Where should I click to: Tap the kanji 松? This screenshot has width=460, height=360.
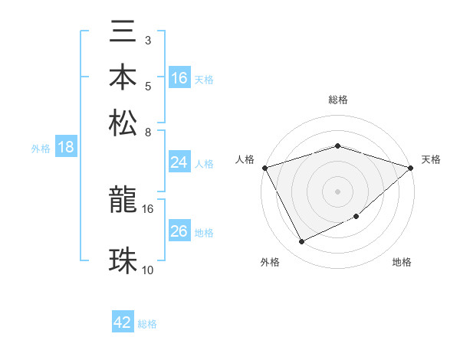click(124, 123)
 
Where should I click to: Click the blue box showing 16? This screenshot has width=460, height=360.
click(179, 78)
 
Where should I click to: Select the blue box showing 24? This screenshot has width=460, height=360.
click(179, 162)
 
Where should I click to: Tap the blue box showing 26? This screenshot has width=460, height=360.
click(179, 231)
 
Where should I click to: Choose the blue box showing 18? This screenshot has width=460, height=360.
click(66, 148)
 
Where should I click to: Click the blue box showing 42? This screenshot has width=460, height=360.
click(123, 322)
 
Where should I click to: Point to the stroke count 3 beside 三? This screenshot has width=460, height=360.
click(147, 39)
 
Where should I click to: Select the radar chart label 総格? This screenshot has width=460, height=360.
click(337, 100)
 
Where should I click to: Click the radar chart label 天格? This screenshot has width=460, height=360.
click(431, 159)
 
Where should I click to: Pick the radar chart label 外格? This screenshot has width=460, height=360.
click(270, 263)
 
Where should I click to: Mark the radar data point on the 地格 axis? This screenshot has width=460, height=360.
click(356, 218)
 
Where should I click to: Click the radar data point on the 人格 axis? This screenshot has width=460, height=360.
click(264, 167)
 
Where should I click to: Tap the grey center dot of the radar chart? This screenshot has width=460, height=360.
click(337, 191)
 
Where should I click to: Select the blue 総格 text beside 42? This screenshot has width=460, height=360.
click(147, 324)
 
